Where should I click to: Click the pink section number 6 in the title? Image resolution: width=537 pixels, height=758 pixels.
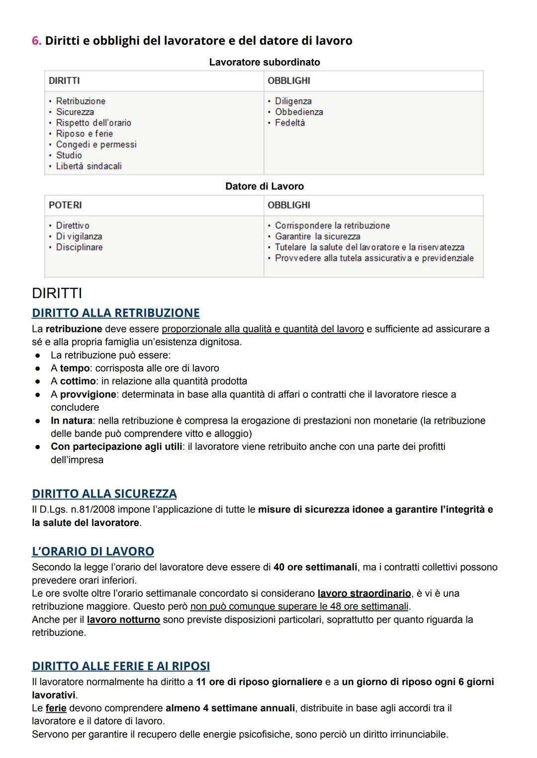(x=36, y=41)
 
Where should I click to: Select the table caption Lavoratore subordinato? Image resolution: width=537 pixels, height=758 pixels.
(x=264, y=62)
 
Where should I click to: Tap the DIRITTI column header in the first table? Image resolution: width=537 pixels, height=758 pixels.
(x=64, y=81)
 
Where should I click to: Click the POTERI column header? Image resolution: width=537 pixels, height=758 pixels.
(x=65, y=205)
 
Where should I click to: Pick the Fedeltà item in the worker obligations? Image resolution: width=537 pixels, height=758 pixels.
(x=289, y=123)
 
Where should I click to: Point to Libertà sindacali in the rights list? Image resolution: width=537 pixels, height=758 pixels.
(x=89, y=166)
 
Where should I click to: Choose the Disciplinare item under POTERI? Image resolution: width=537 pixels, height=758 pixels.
(x=79, y=247)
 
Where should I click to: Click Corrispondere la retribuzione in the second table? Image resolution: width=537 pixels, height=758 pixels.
(x=332, y=225)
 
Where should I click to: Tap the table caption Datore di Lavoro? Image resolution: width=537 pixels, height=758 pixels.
(x=264, y=186)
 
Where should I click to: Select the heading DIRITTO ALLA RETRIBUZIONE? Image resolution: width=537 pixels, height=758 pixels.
(x=115, y=313)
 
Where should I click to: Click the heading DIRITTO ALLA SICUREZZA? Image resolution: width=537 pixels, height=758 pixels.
(x=104, y=494)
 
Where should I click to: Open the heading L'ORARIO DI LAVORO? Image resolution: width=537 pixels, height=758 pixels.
(x=92, y=551)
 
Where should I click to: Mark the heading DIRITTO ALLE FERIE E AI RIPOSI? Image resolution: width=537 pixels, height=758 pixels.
(x=120, y=666)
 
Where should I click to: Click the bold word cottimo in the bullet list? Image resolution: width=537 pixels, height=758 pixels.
(x=78, y=381)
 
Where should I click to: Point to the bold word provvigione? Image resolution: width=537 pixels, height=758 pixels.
(x=88, y=394)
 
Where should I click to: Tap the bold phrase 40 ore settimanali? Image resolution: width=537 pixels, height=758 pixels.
(x=315, y=567)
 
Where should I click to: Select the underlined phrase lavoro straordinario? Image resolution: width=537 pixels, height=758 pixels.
(x=364, y=593)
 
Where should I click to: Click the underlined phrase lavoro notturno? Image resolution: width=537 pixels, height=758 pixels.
(x=123, y=620)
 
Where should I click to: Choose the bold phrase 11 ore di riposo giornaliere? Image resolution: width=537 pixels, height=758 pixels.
(x=259, y=682)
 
